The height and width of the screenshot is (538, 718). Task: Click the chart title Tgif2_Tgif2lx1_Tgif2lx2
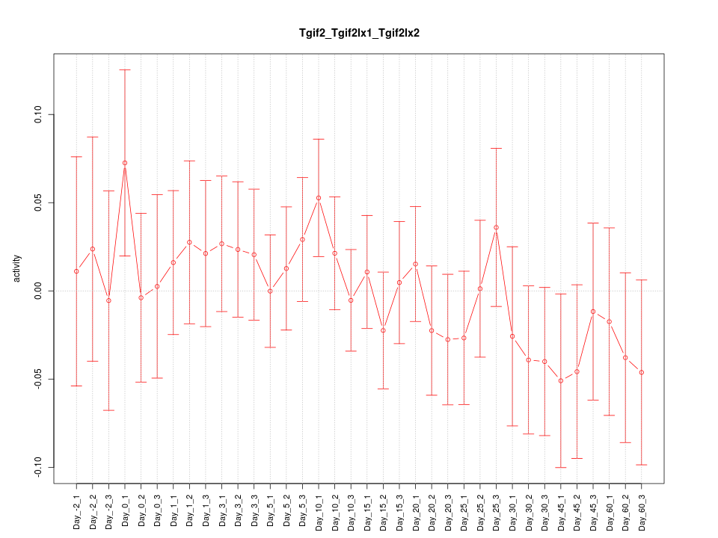(x=359, y=33)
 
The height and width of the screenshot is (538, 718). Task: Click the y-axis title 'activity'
(x=17, y=269)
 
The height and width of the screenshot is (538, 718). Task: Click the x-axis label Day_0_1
(x=125, y=507)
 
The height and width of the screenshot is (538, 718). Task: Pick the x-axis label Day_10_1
(x=319, y=506)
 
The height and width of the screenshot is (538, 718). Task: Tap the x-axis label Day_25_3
(x=496, y=506)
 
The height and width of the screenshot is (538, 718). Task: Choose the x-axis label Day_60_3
(x=642, y=506)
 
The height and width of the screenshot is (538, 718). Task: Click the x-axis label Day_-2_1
(x=76, y=507)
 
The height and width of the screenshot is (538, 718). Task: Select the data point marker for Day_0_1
(x=125, y=163)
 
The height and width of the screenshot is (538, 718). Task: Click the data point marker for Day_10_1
(x=319, y=198)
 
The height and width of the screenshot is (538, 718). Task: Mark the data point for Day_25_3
(x=496, y=227)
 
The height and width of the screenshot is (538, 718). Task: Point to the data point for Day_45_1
(x=561, y=381)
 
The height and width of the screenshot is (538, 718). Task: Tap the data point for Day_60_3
(x=642, y=372)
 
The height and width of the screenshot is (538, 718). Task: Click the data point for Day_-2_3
(x=108, y=300)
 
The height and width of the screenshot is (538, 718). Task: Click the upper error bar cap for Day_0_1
(x=125, y=69)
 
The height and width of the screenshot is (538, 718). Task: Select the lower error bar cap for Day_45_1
(x=561, y=467)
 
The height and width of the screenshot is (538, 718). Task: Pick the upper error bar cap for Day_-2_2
(x=93, y=137)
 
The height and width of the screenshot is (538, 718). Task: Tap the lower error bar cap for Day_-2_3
(x=108, y=410)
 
